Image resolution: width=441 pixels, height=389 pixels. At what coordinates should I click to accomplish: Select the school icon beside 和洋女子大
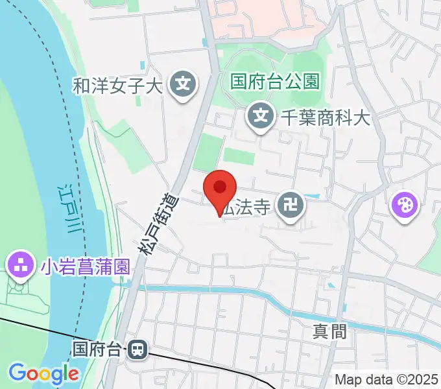coord(184,85)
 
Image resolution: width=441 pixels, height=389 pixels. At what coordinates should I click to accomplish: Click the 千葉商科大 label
coord(325,117)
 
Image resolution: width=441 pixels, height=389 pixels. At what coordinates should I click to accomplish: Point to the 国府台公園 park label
coord(276,82)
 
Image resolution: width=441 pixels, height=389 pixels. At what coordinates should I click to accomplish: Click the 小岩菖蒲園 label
coord(84,266)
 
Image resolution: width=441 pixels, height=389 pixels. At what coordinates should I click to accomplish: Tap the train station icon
coord(137,350)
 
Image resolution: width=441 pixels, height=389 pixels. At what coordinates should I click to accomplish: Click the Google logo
coord(43,373)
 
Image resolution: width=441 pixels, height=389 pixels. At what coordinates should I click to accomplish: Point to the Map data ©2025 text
coord(387,379)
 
